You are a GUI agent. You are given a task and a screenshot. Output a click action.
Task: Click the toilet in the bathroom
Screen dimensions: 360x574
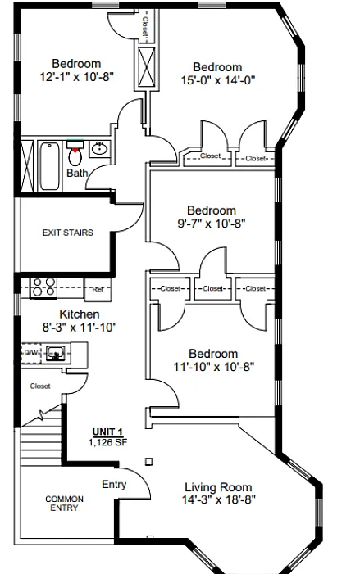tap(75, 154)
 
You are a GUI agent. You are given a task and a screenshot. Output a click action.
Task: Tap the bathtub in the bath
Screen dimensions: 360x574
tap(49, 166)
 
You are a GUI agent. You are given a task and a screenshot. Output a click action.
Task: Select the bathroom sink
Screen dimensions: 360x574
tap(99, 149)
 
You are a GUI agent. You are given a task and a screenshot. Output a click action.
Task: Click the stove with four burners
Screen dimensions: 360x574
tap(43, 287)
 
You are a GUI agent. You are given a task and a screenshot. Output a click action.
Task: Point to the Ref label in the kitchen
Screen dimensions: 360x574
tap(98, 289)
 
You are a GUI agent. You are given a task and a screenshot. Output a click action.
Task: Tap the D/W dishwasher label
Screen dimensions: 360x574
tap(31, 353)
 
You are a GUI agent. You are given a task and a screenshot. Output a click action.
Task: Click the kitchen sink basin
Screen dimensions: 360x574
tap(56, 353)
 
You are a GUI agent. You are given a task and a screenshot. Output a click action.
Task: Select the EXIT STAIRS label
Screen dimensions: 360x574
tap(68, 233)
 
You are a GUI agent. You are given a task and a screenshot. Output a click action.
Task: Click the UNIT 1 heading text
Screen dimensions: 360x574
tap(107, 432)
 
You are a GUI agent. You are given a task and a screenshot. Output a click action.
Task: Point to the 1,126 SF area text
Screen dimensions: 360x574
tap(107, 442)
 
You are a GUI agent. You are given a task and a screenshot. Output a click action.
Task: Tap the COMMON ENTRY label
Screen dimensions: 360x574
tap(64, 504)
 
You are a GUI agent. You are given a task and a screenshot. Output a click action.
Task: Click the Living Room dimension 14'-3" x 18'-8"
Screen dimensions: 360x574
tap(218, 499)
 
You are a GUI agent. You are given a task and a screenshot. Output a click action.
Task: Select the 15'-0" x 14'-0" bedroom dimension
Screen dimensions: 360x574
tap(218, 79)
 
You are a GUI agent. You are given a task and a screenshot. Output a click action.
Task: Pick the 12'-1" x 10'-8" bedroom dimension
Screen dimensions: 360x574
tap(76, 76)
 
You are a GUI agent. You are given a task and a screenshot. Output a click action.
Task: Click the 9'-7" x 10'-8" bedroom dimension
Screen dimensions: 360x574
tap(212, 223)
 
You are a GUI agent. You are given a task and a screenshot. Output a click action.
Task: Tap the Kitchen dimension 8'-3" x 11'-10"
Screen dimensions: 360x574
tap(80, 327)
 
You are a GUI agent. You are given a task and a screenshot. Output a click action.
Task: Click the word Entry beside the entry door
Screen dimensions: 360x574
tap(114, 484)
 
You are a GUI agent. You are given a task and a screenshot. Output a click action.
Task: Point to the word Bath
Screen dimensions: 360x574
tap(77, 173)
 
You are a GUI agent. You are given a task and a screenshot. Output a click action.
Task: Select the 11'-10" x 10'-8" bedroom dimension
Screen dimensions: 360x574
tap(214, 366)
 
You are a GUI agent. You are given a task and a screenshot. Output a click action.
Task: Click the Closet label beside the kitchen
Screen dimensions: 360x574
tap(40, 386)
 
